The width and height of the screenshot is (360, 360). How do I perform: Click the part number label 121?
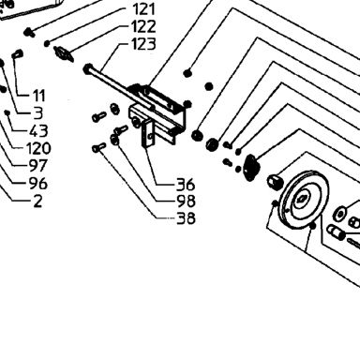tap(144, 9)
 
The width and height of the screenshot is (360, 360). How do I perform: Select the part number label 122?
tap(144, 27)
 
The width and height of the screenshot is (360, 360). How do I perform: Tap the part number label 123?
tap(143, 44)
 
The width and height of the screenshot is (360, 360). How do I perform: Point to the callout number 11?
tap(39, 96)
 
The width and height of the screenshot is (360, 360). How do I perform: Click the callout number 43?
tap(38, 131)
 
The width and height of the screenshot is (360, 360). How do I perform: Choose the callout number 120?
tap(38, 148)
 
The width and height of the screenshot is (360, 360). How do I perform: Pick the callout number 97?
tap(38, 166)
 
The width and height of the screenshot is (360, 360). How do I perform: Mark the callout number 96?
tap(38, 184)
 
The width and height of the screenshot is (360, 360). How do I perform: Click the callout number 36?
tap(186, 185)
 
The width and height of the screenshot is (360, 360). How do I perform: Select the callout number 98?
tap(186, 202)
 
